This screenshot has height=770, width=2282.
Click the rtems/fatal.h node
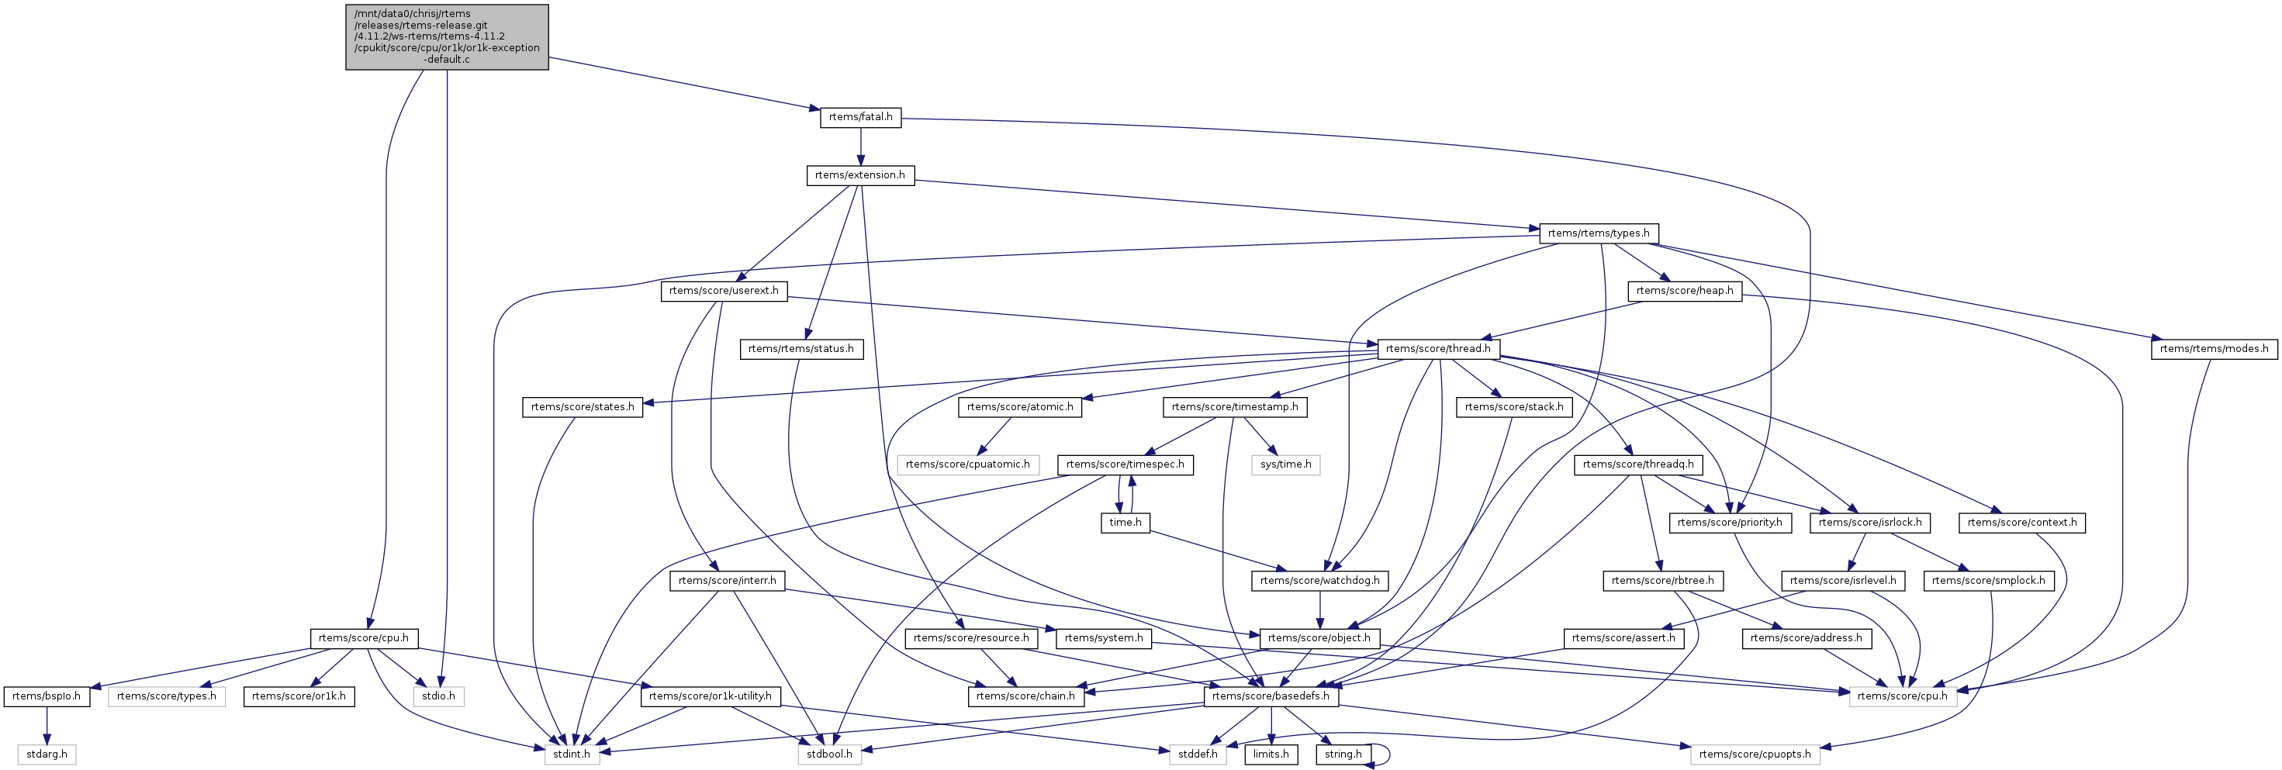[x=859, y=117]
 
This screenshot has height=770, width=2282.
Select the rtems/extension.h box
[x=859, y=175]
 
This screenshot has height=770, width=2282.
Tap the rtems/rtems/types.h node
[x=1598, y=233]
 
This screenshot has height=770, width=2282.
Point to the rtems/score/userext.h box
[x=724, y=291]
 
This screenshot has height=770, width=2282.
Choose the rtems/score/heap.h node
[x=1684, y=291]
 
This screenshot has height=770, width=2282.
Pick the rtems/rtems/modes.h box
[x=2213, y=349]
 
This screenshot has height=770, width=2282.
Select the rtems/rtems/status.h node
[x=800, y=349]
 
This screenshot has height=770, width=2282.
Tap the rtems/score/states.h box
[x=582, y=406]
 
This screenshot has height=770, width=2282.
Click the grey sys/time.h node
[x=1285, y=464]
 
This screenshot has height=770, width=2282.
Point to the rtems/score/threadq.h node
[x=1637, y=464]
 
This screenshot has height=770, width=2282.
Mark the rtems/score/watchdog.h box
[x=1319, y=580]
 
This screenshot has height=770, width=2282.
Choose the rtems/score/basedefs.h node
[x=1270, y=696]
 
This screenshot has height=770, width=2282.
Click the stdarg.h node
[x=47, y=754]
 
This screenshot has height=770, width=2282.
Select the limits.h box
[x=1271, y=754]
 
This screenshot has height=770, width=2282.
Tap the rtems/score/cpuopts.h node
[x=1754, y=754]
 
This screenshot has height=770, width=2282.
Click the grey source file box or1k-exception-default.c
[x=447, y=36]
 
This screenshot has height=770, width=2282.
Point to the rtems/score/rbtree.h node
[x=1662, y=580]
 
